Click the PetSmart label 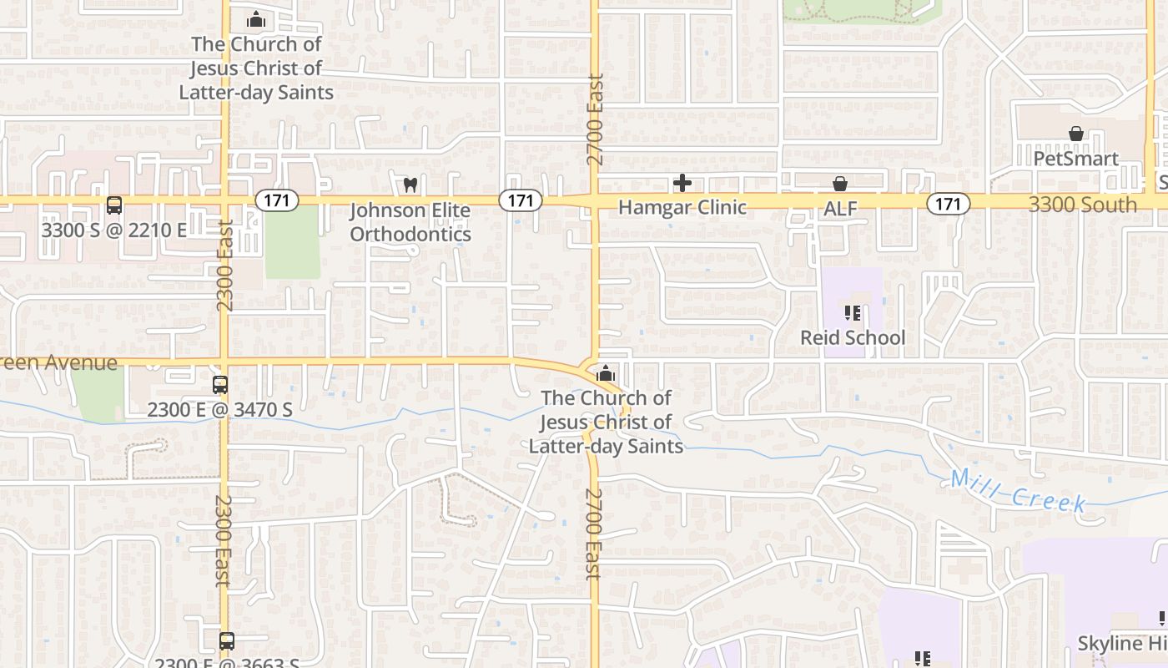pos(1075,159)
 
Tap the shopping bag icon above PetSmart pos(1076,134)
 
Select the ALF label pos(840,209)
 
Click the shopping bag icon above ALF pos(840,184)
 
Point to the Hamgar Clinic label pos(682,207)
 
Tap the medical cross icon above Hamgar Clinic pos(682,183)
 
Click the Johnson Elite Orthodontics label pos(410,222)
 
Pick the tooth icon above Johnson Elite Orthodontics pos(410,184)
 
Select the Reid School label pos(852,337)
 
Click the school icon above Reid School pos(852,313)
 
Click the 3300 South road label pos(1082,205)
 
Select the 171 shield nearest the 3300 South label pos(949,204)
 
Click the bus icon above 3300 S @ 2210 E pos(114,205)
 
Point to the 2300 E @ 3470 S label pos(219,409)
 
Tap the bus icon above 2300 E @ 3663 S pos(226,641)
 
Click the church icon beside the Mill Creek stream pos(606,373)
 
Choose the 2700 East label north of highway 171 pos(595,119)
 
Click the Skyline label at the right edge pos(1121,644)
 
